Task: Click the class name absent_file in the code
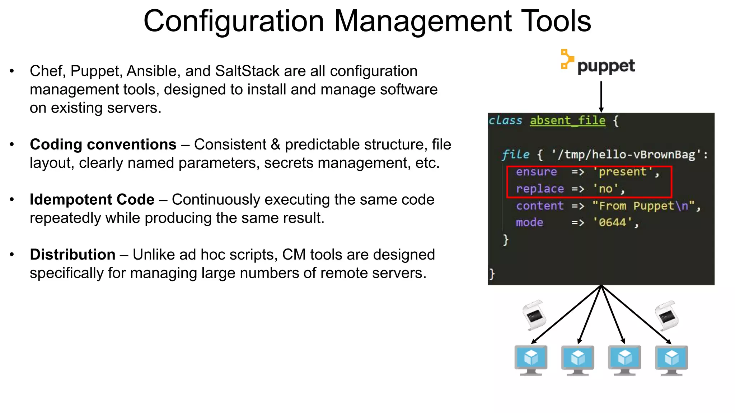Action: tap(567, 120)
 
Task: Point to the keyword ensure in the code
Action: tap(536, 172)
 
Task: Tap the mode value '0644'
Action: tap(612, 223)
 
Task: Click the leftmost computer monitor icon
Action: tap(531, 360)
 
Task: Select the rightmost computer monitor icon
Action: tap(671, 360)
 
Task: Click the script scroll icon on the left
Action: tap(534, 315)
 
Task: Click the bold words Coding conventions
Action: tap(103, 144)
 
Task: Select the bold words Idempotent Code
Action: tap(92, 200)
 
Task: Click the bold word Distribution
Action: tap(72, 255)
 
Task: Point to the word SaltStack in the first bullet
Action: tap(247, 71)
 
